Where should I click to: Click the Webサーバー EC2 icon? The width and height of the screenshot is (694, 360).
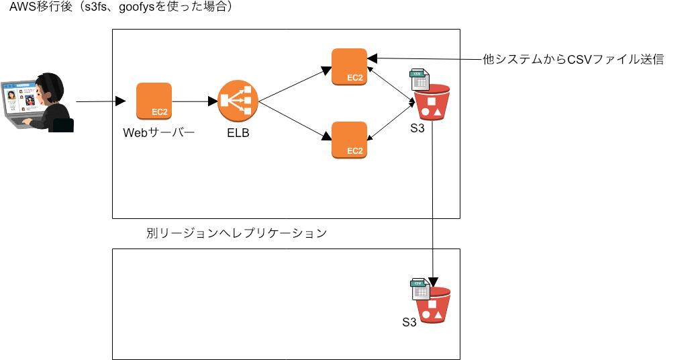click(x=154, y=101)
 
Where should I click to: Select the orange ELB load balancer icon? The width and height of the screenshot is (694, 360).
click(x=238, y=101)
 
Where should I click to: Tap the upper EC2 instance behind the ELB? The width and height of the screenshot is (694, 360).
click(x=349, y=66)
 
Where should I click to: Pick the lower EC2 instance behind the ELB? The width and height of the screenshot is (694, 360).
click(x=349, y=140)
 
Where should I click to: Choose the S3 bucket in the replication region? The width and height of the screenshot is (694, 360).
click(x=433, y=306)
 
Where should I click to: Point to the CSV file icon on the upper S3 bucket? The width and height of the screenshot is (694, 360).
click(x=420, y=80)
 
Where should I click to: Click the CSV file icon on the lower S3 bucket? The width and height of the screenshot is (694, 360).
click(x=421, y=289)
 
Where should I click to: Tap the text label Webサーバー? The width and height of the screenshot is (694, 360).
click(x=158, y=132)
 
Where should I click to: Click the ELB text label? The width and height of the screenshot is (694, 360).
click(x=238, y=133)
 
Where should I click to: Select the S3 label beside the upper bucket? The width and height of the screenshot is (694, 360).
click(x=417, y=128)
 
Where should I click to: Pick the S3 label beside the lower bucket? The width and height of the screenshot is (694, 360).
click(x=409, y=322)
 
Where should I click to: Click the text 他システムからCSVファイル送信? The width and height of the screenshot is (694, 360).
click(x=573, y=59)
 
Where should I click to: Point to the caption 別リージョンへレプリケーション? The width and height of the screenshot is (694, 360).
click(x=236, y=233)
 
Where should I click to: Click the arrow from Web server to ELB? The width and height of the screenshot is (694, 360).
click(x=194, y=101)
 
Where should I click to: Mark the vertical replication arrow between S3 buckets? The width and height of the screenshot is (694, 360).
click(x=433, y=201)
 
